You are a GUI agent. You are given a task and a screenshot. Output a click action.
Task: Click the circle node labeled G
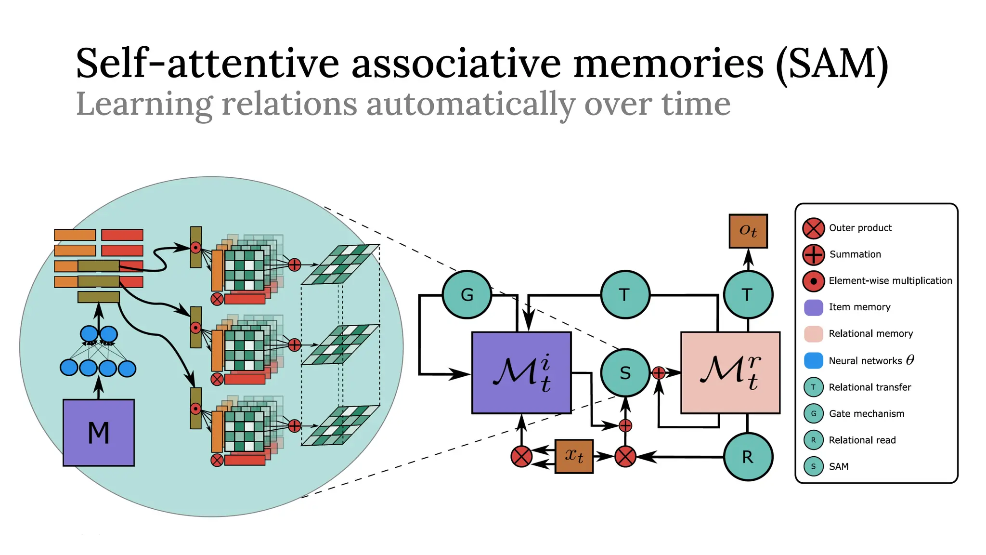(467, 294)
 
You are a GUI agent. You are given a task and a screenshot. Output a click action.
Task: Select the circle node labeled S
(625, 373)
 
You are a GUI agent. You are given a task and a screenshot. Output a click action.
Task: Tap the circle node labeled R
(748, 457)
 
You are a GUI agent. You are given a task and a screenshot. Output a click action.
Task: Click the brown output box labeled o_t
(748, 231)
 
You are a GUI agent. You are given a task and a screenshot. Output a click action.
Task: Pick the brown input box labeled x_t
(574, 456)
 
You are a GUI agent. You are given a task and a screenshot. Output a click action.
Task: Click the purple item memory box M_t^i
(521, 372)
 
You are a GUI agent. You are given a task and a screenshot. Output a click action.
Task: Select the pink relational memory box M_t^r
(730, 372)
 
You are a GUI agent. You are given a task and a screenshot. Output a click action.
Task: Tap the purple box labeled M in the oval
(99, 432)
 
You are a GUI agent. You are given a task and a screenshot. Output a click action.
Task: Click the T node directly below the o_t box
(748, 294)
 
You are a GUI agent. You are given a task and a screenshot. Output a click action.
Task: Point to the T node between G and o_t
(625, 294)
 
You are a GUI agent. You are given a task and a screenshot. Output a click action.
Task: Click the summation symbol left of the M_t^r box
(659, 372)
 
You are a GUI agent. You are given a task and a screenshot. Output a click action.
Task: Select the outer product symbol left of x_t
(521, 457)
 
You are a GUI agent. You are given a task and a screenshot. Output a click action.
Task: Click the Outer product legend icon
(814, 228)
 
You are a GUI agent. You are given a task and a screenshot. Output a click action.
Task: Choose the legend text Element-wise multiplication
(890, 281)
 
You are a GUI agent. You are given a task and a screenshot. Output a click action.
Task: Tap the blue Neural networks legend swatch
(814, 360)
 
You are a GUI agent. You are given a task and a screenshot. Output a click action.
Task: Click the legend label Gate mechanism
(867, 413)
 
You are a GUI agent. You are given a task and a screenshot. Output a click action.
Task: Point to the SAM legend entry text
(839, 466)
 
